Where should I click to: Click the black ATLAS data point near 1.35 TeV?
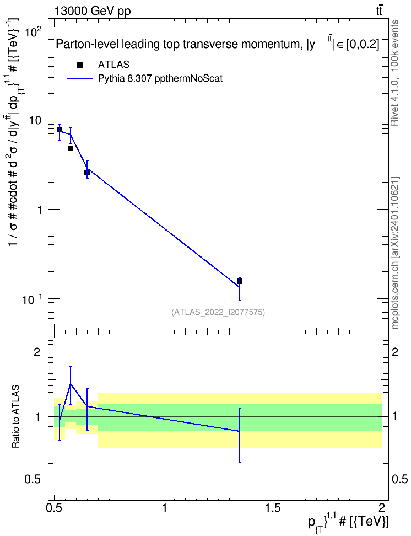[240, 281]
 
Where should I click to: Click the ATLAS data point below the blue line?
[71, 148]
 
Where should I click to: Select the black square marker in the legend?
[80, 65]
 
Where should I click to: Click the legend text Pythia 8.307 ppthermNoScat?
[160, 79]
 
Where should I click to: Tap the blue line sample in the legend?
[80, 79]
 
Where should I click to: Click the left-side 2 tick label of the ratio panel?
[37, 352]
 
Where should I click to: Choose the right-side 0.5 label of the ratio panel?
[399, 480]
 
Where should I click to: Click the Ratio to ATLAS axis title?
[15, 417]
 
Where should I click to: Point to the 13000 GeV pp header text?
[93, 11]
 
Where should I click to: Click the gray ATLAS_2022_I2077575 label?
[218, 312]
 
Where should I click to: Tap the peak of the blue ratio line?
[71, 384]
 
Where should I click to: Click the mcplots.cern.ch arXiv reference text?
[394, 253]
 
